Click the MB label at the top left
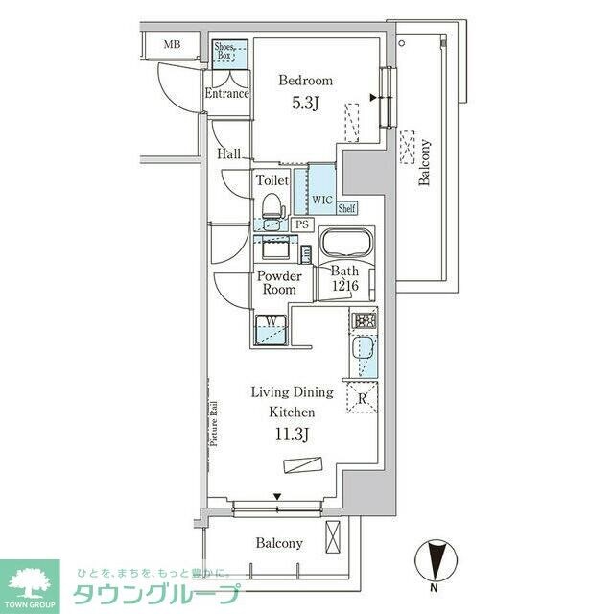pos(172,44)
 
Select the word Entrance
pos(226,94)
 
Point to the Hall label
pos(229,153)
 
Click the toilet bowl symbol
pos(272,206)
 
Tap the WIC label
pos(321,201)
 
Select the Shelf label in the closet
pos(346,207)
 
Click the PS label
pos(302,224)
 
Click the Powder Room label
pos(276,283)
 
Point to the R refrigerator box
pos(362,400)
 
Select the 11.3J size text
pos(292,434)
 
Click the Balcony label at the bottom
pos(279,543)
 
